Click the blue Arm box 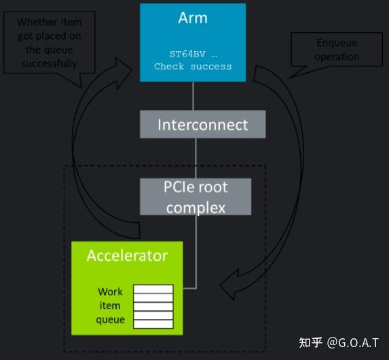193,42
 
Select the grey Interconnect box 202,124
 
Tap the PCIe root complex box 196,197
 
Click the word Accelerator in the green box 126,256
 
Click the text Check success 193,67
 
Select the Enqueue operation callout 336,50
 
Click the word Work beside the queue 109,291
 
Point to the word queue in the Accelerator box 110,319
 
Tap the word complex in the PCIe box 196,206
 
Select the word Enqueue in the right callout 337,43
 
